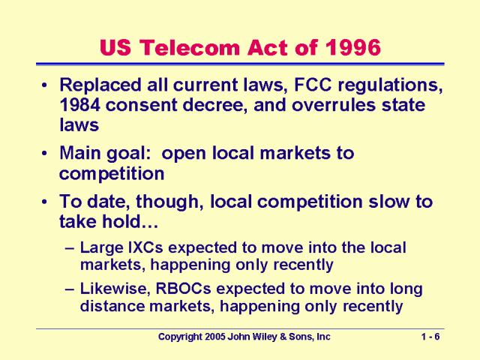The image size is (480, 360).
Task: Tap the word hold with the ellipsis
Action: [x=123, y=221]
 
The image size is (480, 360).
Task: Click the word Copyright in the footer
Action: [x=186, y=337]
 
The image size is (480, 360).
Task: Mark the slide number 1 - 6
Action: [x=430, y=337]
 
